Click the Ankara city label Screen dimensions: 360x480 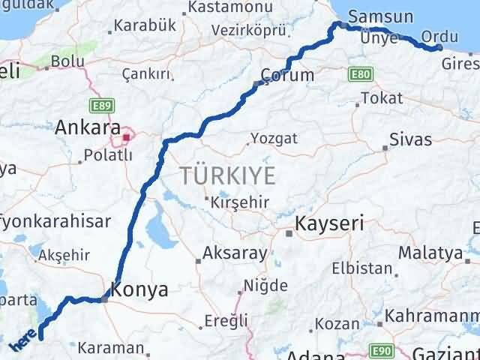(85, 127)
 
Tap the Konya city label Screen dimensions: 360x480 (139, 289)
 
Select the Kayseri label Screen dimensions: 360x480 (330, 223)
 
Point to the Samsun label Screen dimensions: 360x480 (380, 16)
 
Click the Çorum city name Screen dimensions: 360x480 (288, 75)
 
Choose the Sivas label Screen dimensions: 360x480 (411, 139)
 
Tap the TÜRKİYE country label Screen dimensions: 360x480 (227, 177)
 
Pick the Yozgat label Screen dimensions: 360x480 (274, 138)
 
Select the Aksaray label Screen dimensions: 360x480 (235, 253)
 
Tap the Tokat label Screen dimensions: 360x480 (381, 98)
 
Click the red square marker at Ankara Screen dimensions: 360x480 (127, 137)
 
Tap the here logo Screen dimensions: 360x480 (24, 342)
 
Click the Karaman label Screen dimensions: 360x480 (114, 347)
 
